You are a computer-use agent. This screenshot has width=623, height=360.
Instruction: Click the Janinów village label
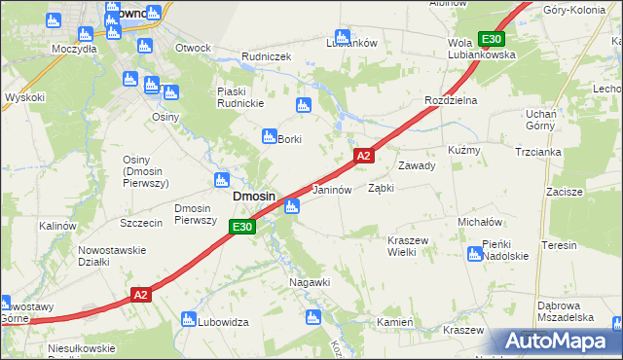(x=331, y=190)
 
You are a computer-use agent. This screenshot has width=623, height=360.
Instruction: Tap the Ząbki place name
(x=381, y=189)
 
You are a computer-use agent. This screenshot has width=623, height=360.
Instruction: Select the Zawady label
(x=416, y=165)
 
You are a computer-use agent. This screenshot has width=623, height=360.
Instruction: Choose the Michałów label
(x=479, y=222)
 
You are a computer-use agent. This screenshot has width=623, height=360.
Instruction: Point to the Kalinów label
(x=57, y=226)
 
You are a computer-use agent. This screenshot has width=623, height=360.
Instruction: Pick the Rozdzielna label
(x=449, y=100)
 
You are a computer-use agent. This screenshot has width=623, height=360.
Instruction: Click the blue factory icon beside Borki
(x=268, y=138)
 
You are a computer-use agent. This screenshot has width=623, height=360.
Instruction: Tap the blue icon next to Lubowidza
(x=189, y=320)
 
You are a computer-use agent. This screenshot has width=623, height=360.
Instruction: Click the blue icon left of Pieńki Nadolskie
(x=474, y=255)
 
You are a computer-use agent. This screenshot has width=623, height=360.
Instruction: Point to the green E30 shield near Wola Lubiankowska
(x=492, y=39)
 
